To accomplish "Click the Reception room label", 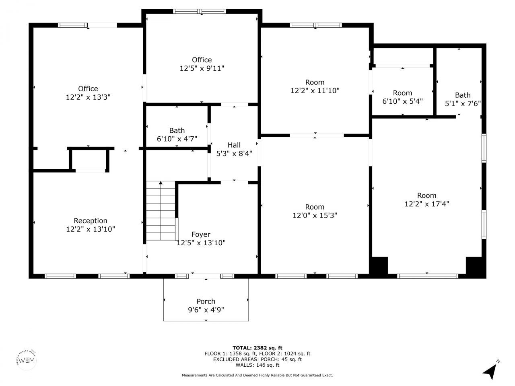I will click(91, 221).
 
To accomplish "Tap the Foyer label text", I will click(201, 234).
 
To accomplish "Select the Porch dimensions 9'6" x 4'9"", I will click(206, 310).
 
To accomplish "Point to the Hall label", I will click(234, 145).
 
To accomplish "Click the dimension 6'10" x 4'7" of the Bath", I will click(177, 139).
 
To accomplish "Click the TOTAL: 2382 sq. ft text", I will click(257, 348).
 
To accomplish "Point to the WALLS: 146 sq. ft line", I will click(257, 365).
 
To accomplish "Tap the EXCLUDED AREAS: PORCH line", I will click(257, 359).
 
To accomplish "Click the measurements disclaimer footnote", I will click(257, 375).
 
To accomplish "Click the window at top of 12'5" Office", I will click(200, 11).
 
